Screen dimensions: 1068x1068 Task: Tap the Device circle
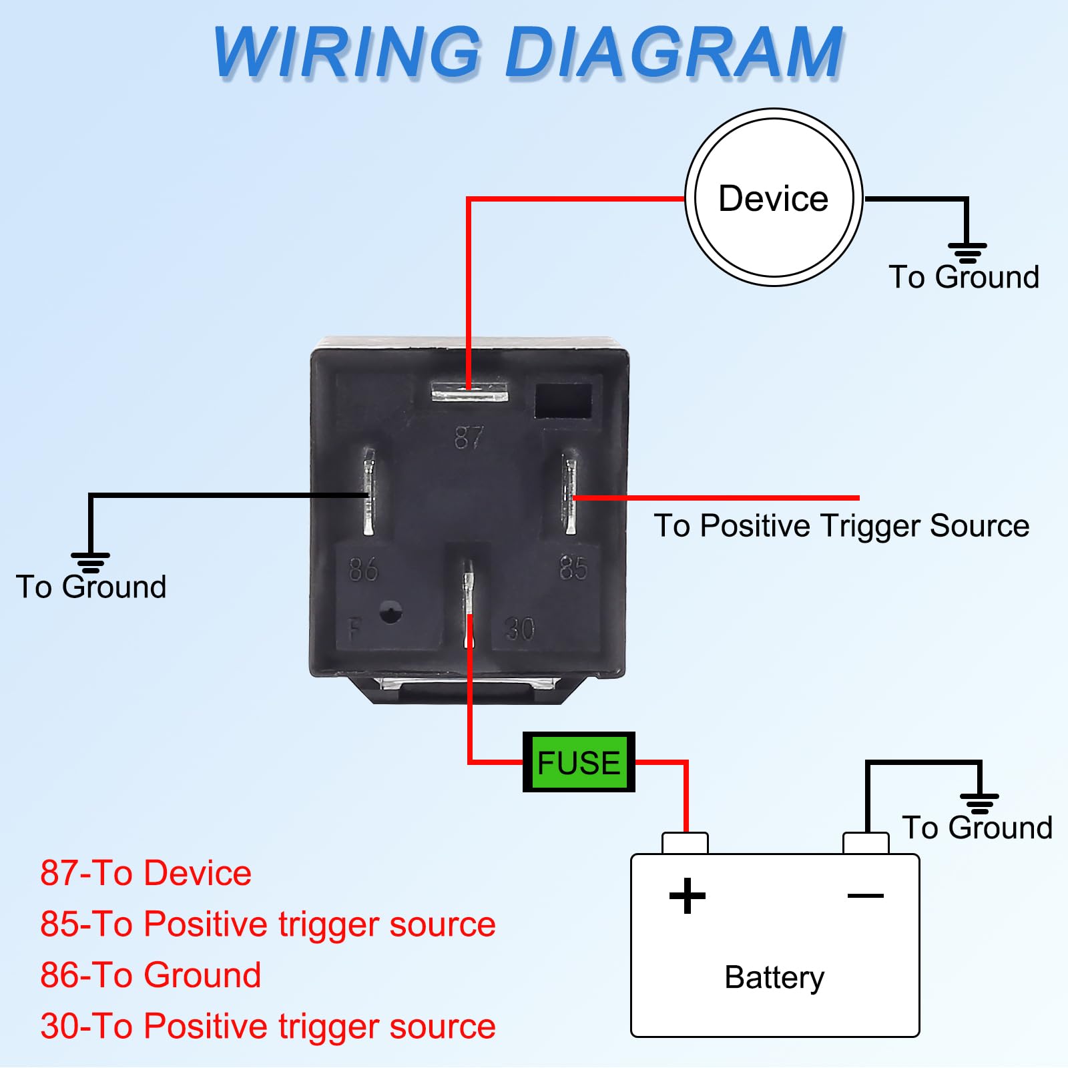coord(773,198)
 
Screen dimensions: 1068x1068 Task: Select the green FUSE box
coord(578,762)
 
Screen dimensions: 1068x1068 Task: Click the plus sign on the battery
coord(687,896)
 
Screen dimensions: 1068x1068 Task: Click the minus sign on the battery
coord(865,896)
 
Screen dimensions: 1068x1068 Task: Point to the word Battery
coord(774,977)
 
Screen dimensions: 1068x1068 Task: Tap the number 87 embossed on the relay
coord(469,438)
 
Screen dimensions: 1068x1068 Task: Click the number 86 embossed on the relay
coord(364,569)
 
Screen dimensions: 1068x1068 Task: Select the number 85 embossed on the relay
coord(573,568)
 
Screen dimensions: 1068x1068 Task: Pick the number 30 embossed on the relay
coord(519,629)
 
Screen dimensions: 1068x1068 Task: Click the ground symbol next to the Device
coord(967,253)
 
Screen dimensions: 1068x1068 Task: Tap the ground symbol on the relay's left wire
coord(90,562)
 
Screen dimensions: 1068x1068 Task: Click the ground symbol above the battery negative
coord(979,803)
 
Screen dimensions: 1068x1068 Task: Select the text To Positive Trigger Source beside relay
coord(841,525)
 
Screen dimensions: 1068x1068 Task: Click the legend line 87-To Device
coord(146,873)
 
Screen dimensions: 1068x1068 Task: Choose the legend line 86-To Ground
coord(150,975)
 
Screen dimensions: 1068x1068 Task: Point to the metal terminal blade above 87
coord(469,392)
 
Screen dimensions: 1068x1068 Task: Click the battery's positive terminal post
coord(685,843)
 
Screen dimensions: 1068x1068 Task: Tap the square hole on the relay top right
coord(563,400)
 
